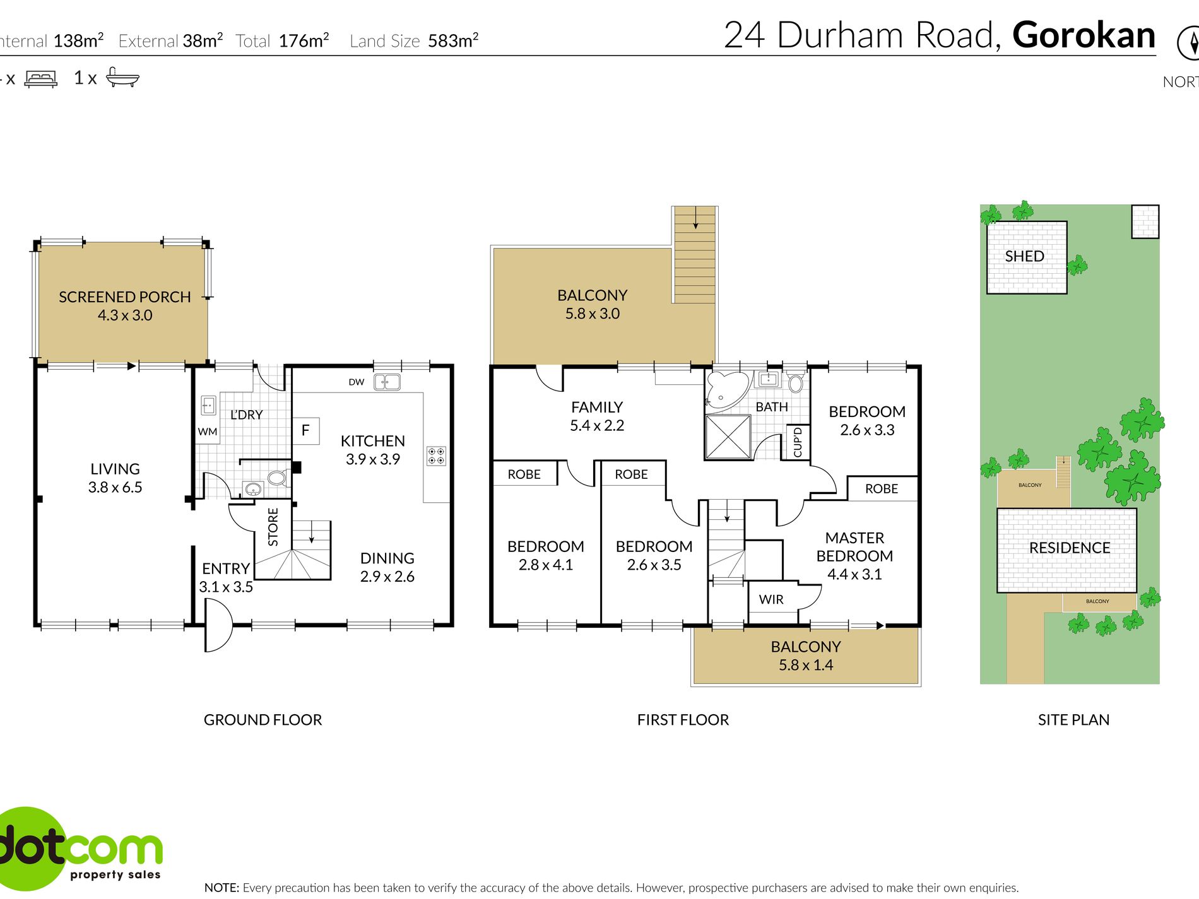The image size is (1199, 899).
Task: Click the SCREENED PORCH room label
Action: point(124,297)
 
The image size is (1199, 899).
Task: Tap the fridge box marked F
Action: point(305,431)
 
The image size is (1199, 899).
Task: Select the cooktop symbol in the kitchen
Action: point(436,455)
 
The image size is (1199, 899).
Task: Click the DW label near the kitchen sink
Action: point(357,382)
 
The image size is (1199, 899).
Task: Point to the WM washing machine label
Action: point(208,432)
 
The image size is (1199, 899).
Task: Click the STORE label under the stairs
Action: point(273,527)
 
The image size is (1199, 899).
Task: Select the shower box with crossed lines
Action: point(728,437)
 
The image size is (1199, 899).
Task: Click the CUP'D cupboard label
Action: point(798,442)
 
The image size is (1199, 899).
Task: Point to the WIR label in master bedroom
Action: point(771,599)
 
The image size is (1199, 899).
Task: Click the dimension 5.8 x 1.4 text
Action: point(806,665)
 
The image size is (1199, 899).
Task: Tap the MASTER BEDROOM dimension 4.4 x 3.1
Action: point(854,574)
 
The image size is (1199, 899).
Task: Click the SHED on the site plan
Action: point(1025,257)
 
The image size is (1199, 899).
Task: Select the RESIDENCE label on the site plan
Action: point(1070,548)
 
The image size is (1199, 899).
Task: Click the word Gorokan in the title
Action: point(1084,35)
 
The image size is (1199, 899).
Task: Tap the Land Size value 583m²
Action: point(453,41)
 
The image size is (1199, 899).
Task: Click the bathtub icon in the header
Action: point(122,78)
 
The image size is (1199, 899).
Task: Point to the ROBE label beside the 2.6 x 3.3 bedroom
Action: point(882,489)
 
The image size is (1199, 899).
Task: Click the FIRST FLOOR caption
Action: point(683,720)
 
